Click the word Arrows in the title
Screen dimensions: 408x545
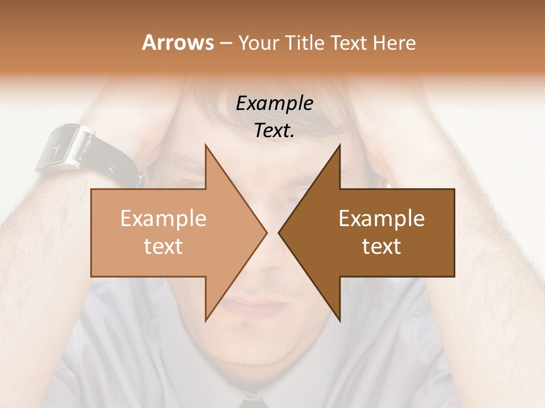(x=178, y=42)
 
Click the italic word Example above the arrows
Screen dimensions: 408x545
(x=275, y=104)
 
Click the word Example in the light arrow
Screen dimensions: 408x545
(x=163, y=219)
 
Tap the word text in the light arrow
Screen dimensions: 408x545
(x=163, y=246)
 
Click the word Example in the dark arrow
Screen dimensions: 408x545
(x=381, y=219)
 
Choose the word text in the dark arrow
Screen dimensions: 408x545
(x=381, y=246)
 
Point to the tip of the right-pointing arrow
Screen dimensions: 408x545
(x=266, y=232)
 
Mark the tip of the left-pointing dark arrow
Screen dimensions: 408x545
(x=279, y=232)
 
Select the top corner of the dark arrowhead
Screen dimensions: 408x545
(x=339, y=145)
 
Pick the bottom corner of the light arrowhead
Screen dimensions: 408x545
(x=206, y=320)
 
